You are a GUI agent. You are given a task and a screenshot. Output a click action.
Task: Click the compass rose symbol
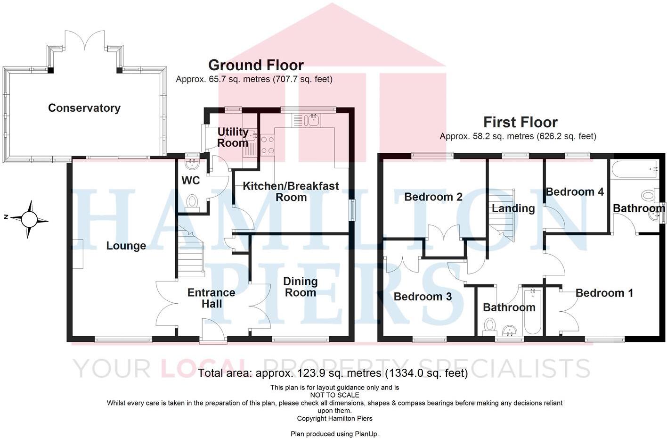coord(29,219)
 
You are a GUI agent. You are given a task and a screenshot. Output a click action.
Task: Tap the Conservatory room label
coord(84,108)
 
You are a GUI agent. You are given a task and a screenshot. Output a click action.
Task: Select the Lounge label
coord(126,246)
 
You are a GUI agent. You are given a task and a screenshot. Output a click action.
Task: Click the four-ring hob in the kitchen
coord(268,145)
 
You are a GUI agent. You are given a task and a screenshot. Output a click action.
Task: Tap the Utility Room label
coord(233,137)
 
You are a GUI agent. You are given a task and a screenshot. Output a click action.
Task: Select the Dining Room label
coord(301,287)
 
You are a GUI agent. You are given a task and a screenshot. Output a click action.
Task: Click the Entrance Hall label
coord(211,298)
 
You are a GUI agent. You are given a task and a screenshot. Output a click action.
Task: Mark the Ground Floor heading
coord(256,65)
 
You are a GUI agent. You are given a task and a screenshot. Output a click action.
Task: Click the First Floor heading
coord(520,122)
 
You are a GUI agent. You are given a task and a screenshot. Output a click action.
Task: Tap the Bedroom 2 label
coord(433,197)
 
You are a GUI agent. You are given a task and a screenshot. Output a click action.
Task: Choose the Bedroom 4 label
coord(575,192)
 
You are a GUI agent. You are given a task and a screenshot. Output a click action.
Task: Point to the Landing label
coord(513,208)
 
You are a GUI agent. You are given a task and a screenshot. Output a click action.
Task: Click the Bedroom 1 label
coord(604,293)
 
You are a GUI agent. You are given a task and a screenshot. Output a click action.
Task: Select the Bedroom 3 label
coord(423,297)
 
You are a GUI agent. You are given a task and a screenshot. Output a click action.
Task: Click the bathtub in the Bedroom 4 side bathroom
coord(635,168)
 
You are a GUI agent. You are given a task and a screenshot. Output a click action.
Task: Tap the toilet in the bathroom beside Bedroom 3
coord(490,325)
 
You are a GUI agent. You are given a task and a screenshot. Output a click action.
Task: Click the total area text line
coord(333,373)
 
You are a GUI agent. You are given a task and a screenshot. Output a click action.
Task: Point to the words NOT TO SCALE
coord(334,395)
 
